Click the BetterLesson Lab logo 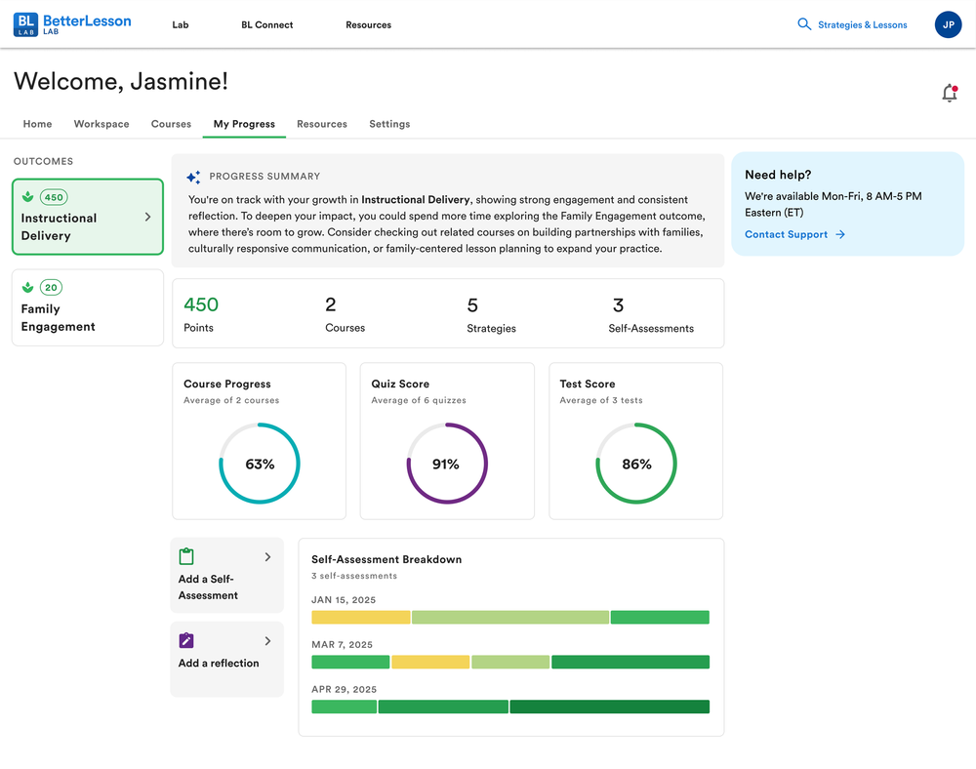tap(72, 24)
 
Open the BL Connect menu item tap(267, 25)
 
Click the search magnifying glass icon tap(804, 24)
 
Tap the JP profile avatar tap(948, 25)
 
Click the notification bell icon tap(950, 93)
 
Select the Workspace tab tap(102, 124)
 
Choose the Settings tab tap(389, 124)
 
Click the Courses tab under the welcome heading tap(171, 124)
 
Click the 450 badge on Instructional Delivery tap(54, 197)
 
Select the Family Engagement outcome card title tap(58, 317)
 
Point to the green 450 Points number tap(201, 304)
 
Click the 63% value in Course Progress tap(260, 465)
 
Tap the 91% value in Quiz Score tap(446, 465)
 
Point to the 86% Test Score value tap(636, 465)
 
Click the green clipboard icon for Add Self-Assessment tap(186, 556)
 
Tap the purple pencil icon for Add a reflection tap(186, 640)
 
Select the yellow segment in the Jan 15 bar tap(361, 617)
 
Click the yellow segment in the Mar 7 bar tap(430, 662)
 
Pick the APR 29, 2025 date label tap(345, 689)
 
